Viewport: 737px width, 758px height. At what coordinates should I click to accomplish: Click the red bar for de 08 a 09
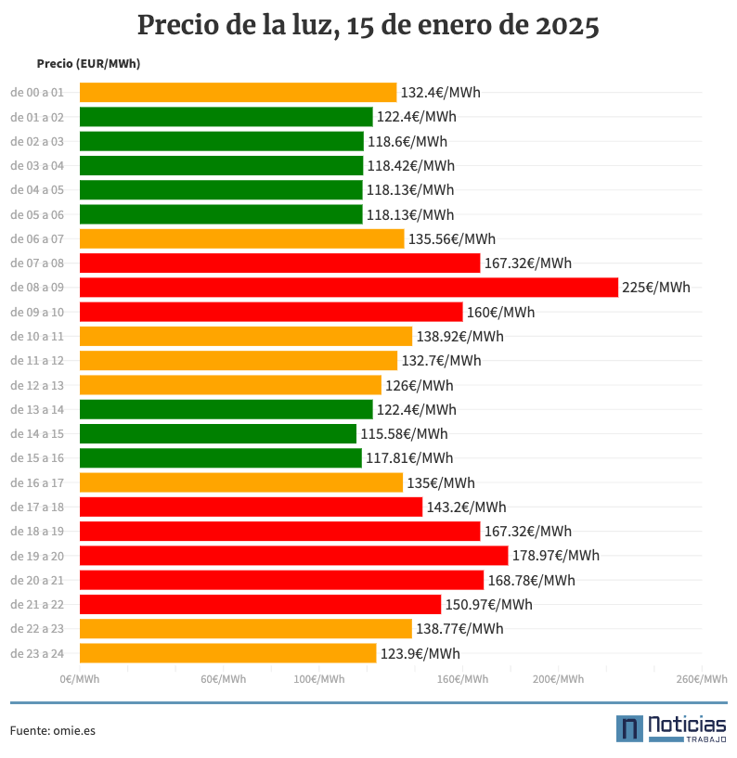348,288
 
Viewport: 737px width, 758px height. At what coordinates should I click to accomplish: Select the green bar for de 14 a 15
218,433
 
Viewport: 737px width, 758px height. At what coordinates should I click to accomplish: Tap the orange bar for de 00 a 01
238,93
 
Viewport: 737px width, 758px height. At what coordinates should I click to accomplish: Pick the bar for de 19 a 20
293,556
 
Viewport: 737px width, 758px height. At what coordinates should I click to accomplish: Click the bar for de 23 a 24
227,653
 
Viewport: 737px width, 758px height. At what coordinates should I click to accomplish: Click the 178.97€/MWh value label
555,556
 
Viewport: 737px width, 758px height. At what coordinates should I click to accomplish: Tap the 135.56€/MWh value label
451,238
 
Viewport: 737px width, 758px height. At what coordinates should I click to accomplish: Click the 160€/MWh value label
500,312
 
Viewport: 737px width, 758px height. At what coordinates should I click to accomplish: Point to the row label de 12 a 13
37,385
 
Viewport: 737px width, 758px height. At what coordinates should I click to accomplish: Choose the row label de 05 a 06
37,214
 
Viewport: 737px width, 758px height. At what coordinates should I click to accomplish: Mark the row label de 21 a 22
37,604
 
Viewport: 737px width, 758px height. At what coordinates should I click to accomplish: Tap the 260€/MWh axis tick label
702,679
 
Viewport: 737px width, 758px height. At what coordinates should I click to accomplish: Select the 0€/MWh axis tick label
80,679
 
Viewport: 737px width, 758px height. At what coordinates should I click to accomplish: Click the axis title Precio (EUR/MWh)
88,64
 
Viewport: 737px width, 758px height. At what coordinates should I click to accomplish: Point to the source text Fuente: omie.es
53,730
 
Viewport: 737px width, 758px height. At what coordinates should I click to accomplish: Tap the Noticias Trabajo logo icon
629,728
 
